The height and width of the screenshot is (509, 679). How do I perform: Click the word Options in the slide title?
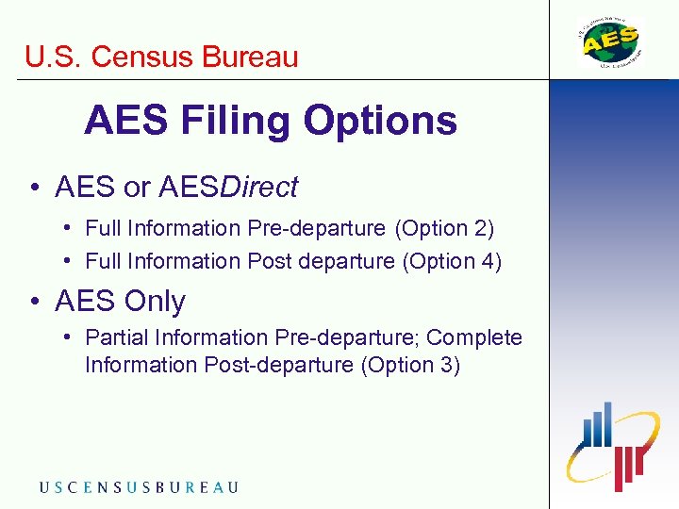(381, 121)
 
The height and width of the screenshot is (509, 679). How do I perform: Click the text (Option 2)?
(444, 228)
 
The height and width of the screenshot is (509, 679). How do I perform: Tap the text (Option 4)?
(452, 261)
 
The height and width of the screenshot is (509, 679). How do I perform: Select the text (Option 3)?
(410, 365)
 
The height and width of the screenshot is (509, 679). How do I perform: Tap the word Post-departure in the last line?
(279, 365)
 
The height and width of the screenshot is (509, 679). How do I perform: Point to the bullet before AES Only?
(33, 303)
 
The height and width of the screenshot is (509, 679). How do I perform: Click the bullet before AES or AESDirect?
(33, 189)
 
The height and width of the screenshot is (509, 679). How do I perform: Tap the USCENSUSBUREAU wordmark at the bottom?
(139, 487)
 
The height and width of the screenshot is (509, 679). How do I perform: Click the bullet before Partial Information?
(69, 337)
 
